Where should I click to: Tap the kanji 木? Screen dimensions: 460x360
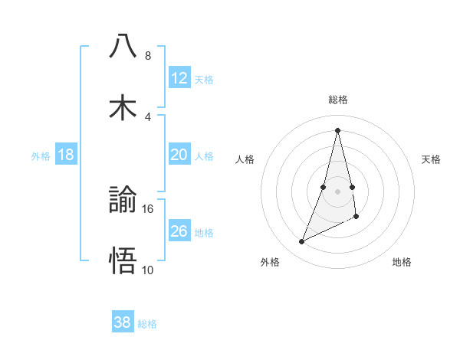coord(123,106)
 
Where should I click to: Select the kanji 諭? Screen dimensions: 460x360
coord(123,200)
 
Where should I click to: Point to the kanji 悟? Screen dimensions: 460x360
coord(123,260)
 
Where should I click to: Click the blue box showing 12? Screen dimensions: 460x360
coord(179,78)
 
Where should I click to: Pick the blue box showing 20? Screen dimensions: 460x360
coord(179,155)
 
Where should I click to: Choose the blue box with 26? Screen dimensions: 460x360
coord(179,231)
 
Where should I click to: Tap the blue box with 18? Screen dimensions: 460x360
coord(66,155)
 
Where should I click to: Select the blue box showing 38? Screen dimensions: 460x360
coord(123,322)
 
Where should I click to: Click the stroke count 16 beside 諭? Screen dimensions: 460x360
coord(148,208)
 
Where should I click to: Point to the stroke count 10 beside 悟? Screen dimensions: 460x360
coord(148,270)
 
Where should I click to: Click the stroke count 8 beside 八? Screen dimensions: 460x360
coord(148,55)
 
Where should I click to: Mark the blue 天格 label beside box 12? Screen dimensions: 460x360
coord(204,80)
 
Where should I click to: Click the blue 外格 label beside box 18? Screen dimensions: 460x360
coord(41,156)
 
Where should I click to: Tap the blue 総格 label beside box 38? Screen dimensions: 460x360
coord(147,324)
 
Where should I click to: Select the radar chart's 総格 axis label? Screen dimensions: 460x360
coord(338,100)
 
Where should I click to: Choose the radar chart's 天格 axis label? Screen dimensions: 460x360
coord(432,159)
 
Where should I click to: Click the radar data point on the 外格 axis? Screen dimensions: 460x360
coord(302,242)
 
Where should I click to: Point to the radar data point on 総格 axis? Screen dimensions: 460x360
coord(338,130)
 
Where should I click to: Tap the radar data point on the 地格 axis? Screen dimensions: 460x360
coord(356,218)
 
